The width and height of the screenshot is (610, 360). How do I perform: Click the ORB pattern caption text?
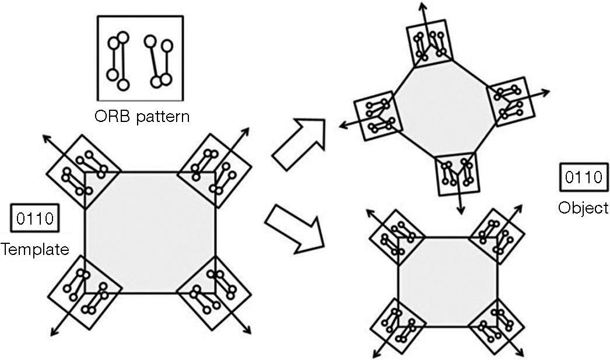tap(142, 116)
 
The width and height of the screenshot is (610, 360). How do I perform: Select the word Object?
tap(583, 208)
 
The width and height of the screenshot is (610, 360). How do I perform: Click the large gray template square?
tap(150, 232)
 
